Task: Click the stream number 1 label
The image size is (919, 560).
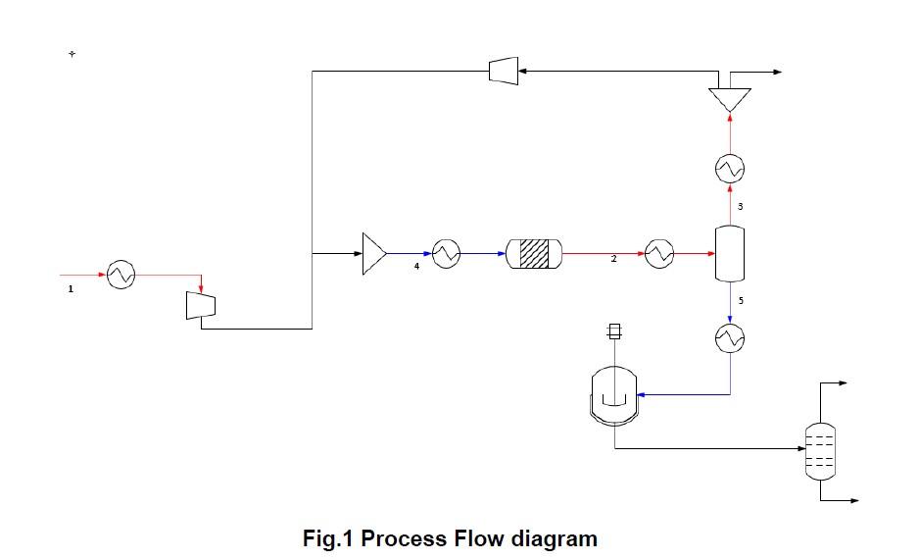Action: tap(71, 288)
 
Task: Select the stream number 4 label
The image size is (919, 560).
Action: tap(416, 266)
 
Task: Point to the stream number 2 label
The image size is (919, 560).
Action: tap(614, 260)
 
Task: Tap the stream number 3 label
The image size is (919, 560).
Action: tap(741, 207)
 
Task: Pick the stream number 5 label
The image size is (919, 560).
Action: tap(741, 300)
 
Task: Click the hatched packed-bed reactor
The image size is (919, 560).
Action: tap(534, 254)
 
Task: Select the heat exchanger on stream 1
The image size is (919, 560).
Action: tap(121, 275)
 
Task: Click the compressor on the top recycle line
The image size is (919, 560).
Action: tap(503, 70)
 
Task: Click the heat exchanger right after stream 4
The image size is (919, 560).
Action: tap(447, 254)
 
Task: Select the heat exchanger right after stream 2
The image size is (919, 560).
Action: tap(657, 254)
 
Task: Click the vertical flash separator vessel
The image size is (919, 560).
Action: tap(730, 253)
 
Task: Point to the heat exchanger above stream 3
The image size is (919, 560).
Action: tap(730, 169)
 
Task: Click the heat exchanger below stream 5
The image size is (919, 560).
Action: tap(730, 338)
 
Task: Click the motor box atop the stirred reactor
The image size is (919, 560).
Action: tap(614, 331)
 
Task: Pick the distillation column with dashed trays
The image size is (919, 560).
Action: tap(819, 450)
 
